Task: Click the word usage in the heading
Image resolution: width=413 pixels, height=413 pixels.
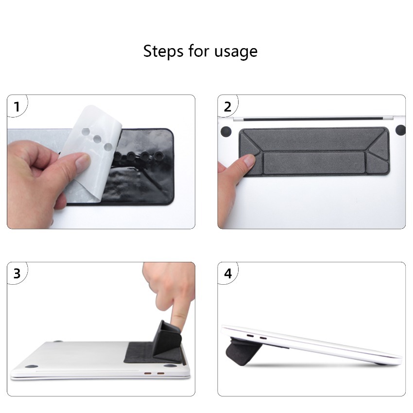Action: coord(236,52)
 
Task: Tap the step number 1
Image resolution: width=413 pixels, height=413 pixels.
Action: coord(17,107)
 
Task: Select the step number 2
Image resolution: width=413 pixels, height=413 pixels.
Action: coord(227,107)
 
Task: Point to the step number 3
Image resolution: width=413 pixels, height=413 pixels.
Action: coord(17,274)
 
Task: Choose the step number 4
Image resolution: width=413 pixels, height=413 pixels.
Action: coord(228,274)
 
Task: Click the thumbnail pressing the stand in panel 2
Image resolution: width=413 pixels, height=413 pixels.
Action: coord(248,161)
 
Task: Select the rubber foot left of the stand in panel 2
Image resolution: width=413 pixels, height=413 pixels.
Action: coord(226,132)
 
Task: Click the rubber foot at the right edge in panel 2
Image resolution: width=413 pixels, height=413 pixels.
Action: coord(401,130)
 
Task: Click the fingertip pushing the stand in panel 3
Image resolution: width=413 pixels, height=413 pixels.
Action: coord(179,320)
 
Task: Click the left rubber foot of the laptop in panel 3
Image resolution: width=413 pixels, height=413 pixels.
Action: coord(32,367)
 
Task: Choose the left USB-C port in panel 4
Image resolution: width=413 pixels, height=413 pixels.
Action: coord(250,336)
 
